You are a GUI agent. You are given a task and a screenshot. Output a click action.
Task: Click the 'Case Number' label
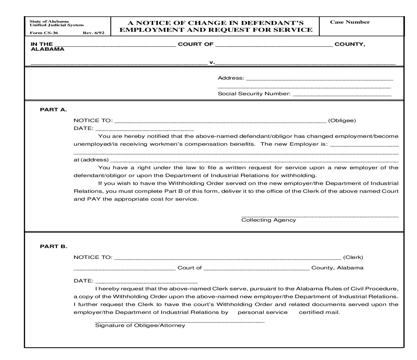(350, 22)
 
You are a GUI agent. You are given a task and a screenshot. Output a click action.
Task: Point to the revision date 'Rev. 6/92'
(94, 33)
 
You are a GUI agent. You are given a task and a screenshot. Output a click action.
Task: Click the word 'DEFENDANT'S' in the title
(272, 23)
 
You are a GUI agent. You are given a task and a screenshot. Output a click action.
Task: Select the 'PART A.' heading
(53, 110)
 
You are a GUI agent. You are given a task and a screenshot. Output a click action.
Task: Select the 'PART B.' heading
(53, 246)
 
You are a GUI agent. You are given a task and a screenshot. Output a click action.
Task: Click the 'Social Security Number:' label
(254, 94)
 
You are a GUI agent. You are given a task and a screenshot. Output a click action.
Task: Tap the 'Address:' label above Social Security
(231, 78)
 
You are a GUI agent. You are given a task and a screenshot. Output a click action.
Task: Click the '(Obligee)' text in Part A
(342, 120)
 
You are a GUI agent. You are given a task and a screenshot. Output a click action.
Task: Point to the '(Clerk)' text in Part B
(353, 257)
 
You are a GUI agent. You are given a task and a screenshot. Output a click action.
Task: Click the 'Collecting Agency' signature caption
(269, 220)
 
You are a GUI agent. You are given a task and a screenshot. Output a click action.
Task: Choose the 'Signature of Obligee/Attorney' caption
(140, 325)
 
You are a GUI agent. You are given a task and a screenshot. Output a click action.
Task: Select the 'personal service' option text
(263, 312)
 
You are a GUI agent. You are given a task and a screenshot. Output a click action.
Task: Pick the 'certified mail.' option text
(319, 312)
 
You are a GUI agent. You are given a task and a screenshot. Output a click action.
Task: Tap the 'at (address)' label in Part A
(91, 160)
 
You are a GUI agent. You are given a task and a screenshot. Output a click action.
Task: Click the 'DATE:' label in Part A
(83, 128)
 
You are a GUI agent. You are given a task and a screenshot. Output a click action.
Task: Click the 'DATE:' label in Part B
(83, 281)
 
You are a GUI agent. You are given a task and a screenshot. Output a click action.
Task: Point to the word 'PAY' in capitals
(94, 199)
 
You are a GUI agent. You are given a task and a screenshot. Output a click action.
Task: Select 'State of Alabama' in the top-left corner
(49, 22)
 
